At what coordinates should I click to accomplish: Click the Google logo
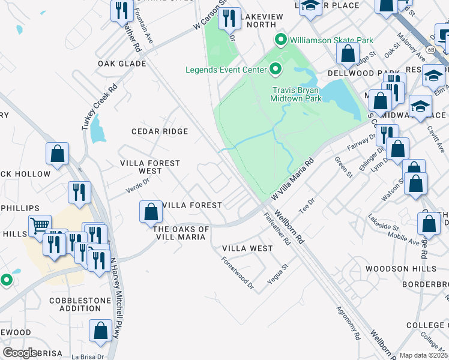tap(20, 353)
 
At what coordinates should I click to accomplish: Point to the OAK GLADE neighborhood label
tap(122, 64)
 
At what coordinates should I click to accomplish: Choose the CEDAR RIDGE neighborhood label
tap(160, 131)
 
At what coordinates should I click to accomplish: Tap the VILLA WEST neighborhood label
tap(247, 248)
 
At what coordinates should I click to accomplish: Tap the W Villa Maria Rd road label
tap(293, 179)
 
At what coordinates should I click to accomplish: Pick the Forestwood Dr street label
tap(238, 274)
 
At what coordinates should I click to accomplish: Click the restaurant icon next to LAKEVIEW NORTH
tap(229, 19)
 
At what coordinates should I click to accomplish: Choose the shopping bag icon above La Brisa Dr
tap(100, 330)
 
